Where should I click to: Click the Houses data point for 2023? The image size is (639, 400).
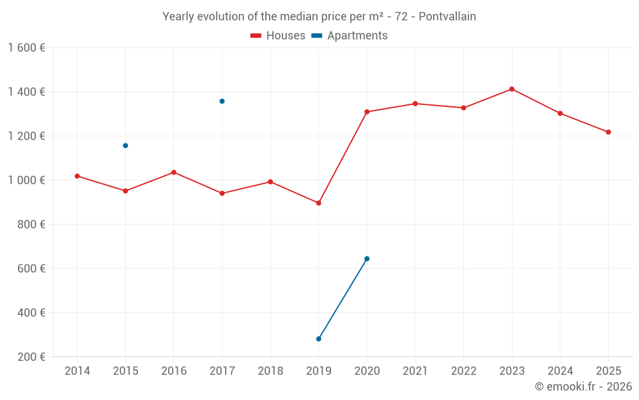(x=512, y=89)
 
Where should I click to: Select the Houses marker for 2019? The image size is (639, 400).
(x=319, y=203)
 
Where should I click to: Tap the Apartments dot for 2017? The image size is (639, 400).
(x=222, y=101)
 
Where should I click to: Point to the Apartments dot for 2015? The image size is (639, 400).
(x=125, y=145)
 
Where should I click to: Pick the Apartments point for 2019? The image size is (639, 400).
(x=319, y=339)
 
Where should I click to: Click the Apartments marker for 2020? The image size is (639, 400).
(x=367, y=259)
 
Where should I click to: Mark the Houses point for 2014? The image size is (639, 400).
(x=77, y=176)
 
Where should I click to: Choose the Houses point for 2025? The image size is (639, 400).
(x=608, y=132)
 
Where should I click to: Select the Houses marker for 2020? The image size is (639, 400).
(x=367, y=112)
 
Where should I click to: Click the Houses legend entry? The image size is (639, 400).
(x=278, y=36)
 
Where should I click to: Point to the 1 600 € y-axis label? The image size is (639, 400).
(x=27, y=48)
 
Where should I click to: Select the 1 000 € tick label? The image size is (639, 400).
(x=27, y=180)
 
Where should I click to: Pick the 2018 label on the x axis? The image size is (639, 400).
(x=270, y=371)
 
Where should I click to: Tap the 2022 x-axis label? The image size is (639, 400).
(x=463, y=371)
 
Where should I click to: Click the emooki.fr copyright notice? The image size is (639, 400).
(x=583, y=387)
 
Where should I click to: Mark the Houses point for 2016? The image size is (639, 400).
(x=174, y=172)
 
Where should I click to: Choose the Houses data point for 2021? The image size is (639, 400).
(x=415, y=104)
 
